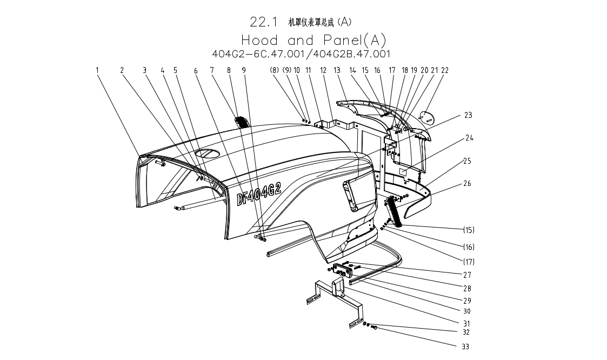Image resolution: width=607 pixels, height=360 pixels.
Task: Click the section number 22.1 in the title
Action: pyautogui.click(x=264, y=22)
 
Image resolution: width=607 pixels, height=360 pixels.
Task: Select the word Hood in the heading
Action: pyautogui.click(x=260, y=40)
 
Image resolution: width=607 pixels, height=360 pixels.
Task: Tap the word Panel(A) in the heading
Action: pyautogui.click(x=356, y=40)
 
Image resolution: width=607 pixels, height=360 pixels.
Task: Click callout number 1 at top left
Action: pyautogui.click(x=97, y=70)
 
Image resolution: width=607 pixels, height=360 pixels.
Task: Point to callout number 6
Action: pyautogui.click(x=196, y=70)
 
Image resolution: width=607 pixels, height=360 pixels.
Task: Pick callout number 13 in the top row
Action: pyautogui.click(x=337, y=70)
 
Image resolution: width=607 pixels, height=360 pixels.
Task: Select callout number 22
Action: pyautogui.click(x=445, y=70)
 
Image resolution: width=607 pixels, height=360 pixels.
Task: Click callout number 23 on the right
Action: pyautogui.click(x=468, y=115)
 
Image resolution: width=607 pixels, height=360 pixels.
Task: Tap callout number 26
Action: pyautogui.click(x=467, y=184)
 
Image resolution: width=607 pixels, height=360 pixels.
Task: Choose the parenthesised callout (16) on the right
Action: pyautogui.click(x=468, y=247)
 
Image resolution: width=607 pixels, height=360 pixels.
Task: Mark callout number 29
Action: pyautogui.click(x=467, y=301)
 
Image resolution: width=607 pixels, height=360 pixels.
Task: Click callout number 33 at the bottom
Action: pyautogui.click(x=465, y=346)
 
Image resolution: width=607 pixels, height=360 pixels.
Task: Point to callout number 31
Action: pyautogui.click(x=466, y=323)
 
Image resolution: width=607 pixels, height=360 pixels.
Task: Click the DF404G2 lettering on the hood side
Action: pyautogui.click(x=259, y=194)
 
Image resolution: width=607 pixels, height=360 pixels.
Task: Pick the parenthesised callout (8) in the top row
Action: pyautogui.click(x=275, y=70)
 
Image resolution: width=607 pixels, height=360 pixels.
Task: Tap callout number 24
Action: pyautogui.click(x=470, y=138)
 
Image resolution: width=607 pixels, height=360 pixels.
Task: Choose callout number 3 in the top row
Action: pyautogui.click(x=144, y=70)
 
